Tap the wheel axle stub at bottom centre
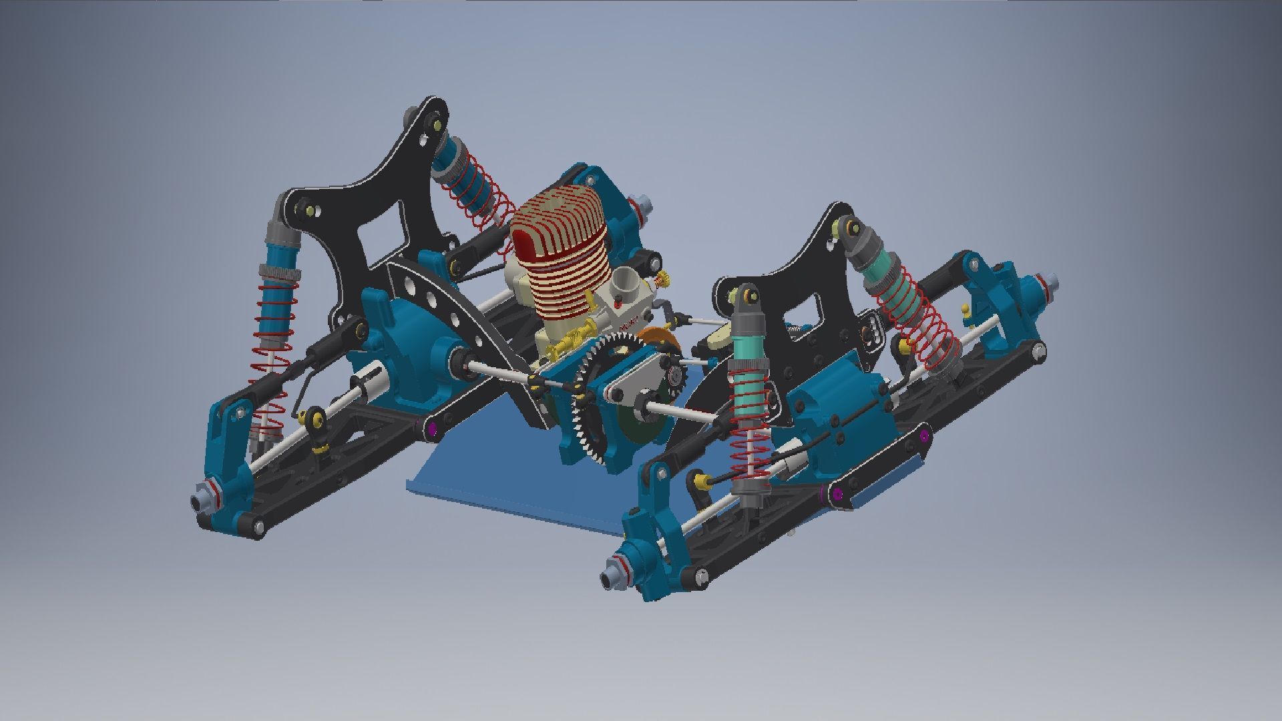(611, 578)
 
